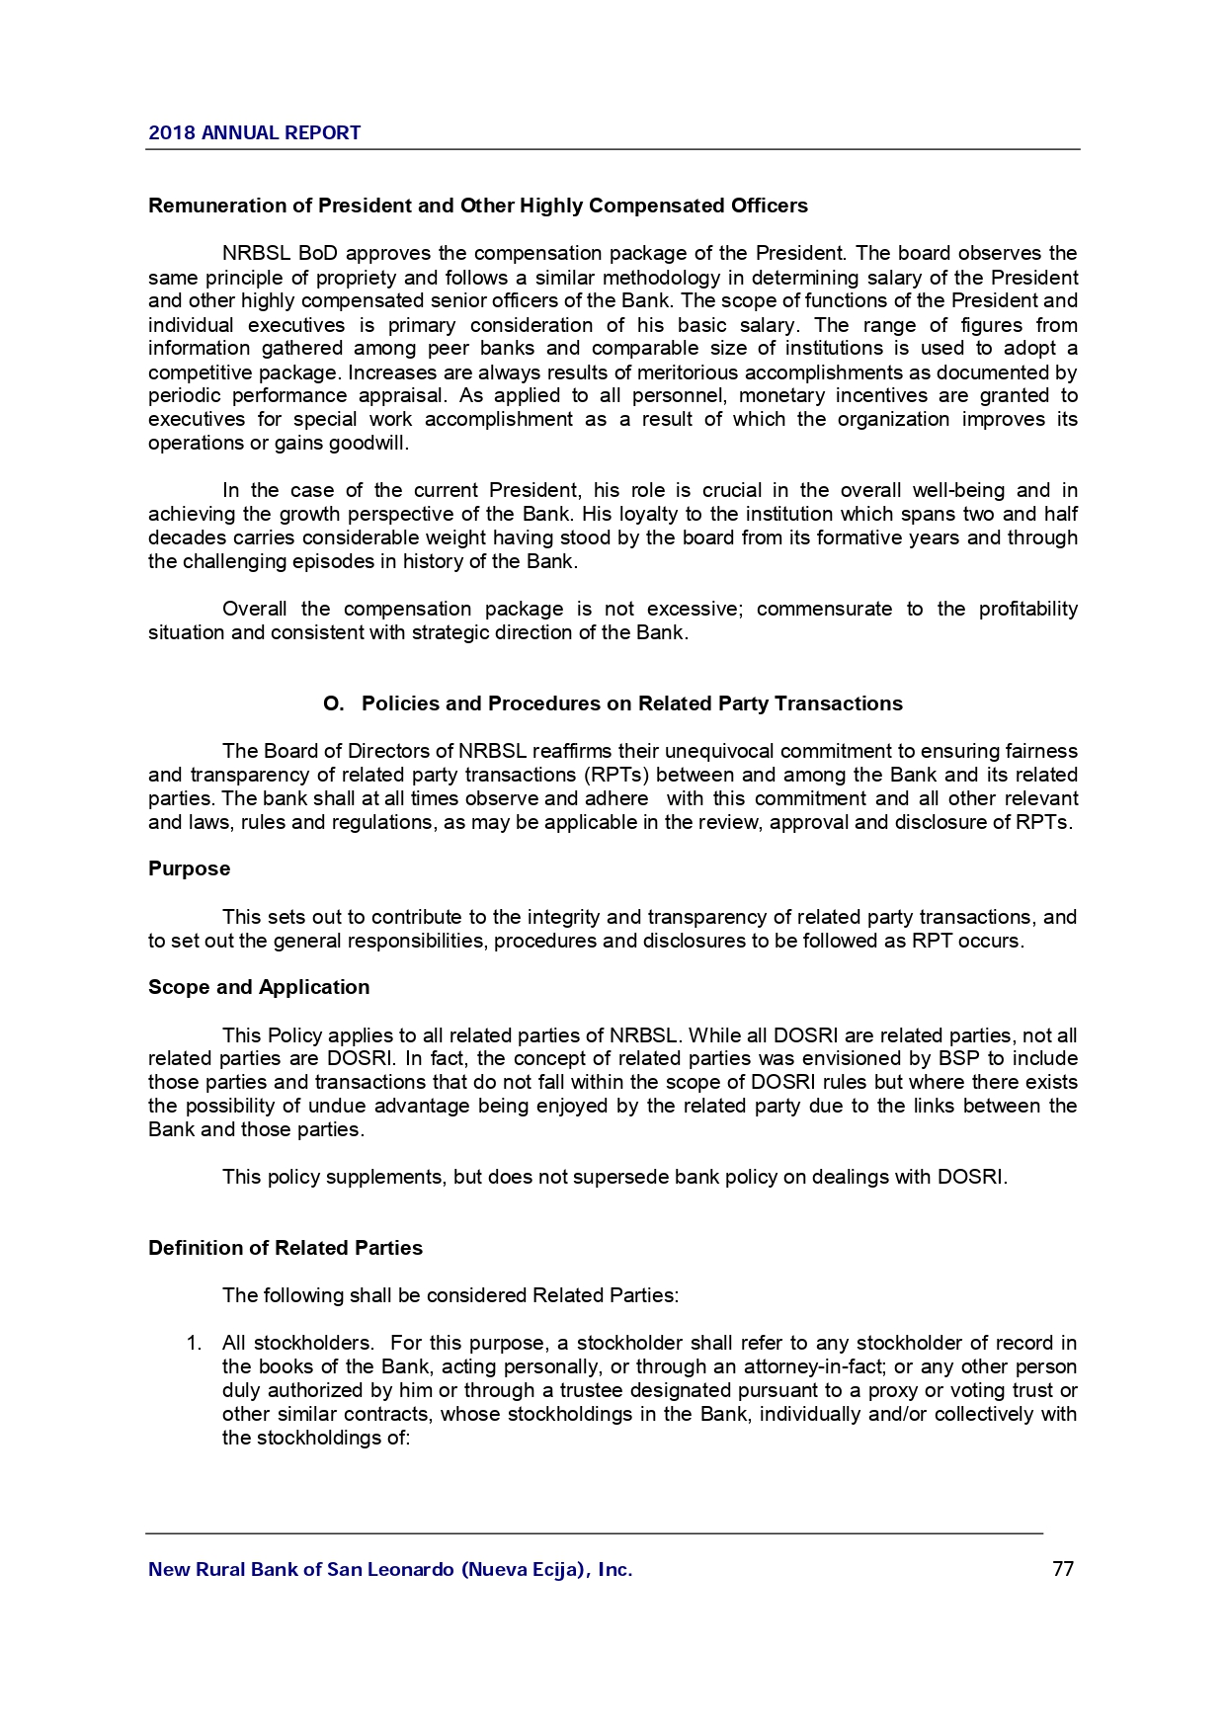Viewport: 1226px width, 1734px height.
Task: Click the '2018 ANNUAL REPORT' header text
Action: click(x=254, y=133)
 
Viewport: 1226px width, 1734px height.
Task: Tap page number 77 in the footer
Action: click(x=1063, y=1569)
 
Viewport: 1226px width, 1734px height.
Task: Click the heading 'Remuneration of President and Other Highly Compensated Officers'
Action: click(x=477, y=206)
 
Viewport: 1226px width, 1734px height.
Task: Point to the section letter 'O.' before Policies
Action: click(x=334, y=703)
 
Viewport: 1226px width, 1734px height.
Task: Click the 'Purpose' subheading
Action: click(x=189, y=869)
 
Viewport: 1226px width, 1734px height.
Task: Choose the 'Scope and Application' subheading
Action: click(x=259, y=988)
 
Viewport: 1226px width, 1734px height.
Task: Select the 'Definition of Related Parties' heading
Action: click(x=285, y=1248)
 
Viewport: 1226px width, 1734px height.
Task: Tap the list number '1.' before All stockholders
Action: click(x=195, y=1344)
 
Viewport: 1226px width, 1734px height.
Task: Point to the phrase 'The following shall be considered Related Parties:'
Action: click(x=450, y=1295)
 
